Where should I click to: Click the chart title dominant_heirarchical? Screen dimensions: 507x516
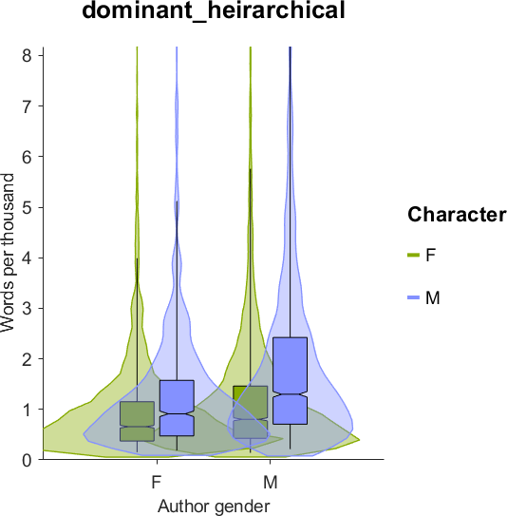coord(214,10)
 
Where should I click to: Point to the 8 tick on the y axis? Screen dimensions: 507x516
coord(41,55)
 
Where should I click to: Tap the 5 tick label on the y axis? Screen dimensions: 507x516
coord(27,208)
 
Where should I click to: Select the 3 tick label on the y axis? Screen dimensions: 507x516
coord(27,308)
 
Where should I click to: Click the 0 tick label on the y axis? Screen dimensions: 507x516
coord(27,459)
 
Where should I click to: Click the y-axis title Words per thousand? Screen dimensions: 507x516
coord(8,253)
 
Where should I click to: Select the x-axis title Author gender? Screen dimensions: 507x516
coord(214,506)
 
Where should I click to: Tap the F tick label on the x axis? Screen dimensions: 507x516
coord(157,483)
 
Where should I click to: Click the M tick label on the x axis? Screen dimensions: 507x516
coord(271,483)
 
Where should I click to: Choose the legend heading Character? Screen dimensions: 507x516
coord(457,215)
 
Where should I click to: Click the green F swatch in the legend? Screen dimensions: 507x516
coord(413,255)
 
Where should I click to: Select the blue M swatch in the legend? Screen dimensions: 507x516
coord(413,297)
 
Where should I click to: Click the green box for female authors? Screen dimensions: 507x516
coord(137,421)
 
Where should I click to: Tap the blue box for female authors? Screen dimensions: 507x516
coord(177,408)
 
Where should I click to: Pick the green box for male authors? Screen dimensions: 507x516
coord(251,412)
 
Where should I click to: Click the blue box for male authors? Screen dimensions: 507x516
coord(290,381)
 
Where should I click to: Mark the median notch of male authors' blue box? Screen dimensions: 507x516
coord(290,394)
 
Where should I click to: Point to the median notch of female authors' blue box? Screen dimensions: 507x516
coord(177,413)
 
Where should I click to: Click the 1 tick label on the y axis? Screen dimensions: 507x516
coord(27,409)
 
